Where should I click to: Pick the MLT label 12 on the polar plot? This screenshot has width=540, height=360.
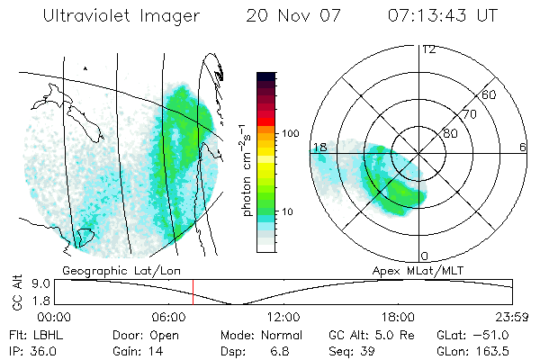point(429,49)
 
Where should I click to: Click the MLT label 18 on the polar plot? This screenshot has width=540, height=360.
point(318,147)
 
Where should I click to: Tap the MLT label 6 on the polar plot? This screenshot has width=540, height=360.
point(523,147)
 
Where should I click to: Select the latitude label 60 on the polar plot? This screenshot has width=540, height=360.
point(490,94)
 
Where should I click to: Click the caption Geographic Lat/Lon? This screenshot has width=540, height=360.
point(109,270)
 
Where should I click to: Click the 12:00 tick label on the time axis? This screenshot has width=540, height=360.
point(283,317)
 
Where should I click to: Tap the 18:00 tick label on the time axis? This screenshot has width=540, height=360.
point(398,317)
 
